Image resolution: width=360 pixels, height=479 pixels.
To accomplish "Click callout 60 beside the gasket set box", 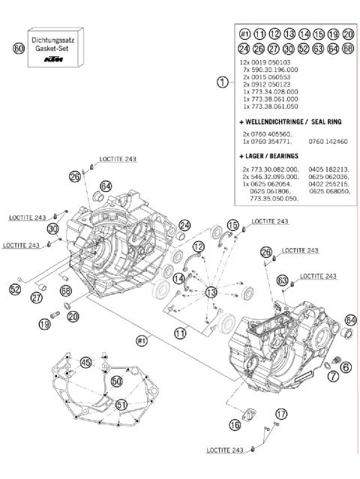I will (19, 47).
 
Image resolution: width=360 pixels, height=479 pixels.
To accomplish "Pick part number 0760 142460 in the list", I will (329, 140).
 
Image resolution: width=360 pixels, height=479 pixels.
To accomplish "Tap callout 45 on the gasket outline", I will (86, 362).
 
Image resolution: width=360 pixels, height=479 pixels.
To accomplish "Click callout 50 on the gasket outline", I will (115, 382).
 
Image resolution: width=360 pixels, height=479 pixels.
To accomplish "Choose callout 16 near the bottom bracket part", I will (235, 425).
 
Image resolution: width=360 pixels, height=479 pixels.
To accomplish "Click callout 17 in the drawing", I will (280, 413).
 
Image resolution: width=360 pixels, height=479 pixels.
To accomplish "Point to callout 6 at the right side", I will (346, 366).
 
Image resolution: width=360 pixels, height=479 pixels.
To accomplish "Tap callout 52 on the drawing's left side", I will (15, 289).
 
